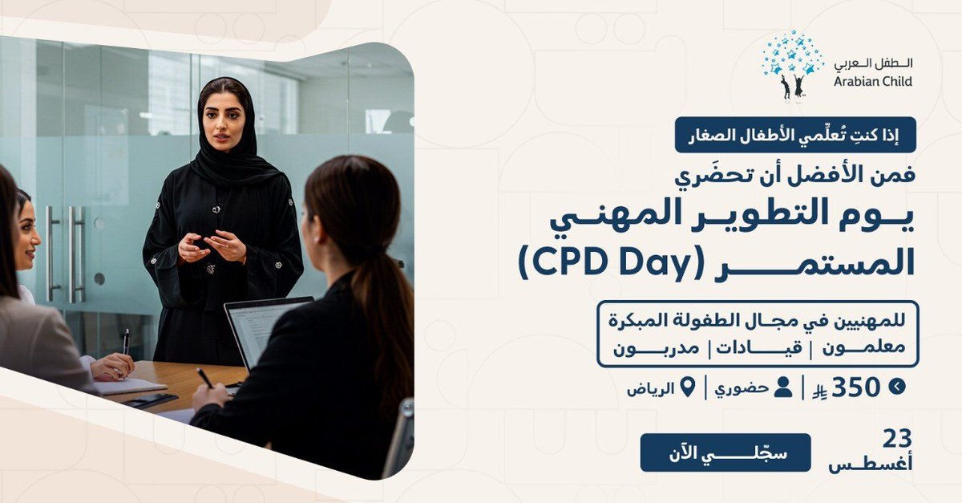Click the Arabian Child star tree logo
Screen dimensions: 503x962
pos(793,63)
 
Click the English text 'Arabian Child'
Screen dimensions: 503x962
pos(872,81)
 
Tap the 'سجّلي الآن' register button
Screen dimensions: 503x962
pos(725,452)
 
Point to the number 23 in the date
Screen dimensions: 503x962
pos(897,439)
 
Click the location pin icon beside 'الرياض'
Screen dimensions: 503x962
pos(687,387)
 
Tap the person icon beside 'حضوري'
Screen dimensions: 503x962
pos(783,387)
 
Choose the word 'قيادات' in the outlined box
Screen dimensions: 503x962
pos(762,349)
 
